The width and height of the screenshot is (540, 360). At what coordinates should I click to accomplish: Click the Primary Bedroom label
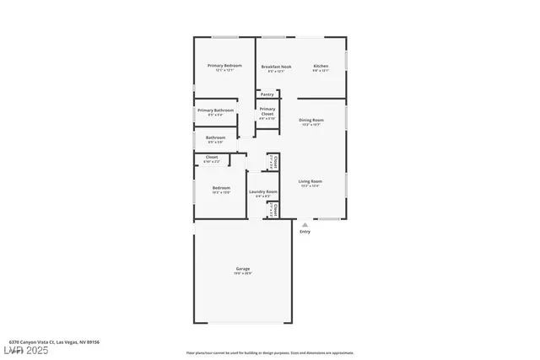(x=224, y=66)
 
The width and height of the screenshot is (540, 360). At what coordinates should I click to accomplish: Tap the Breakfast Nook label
(x=276, y=66)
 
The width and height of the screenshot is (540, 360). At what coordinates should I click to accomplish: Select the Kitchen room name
(x=321, y=66)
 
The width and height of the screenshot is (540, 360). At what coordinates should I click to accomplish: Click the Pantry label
(x=267, y=94)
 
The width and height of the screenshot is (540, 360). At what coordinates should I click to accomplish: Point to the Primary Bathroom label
(x=215, y=110)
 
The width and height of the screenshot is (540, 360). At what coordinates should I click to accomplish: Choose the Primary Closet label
(x=267, y=111)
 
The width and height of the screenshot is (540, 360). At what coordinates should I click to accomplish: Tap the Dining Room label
(x=311, y=120)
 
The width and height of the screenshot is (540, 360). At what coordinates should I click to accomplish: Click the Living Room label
(x=310, y=181)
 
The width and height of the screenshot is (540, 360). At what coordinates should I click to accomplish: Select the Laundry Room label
(x=262, y=191)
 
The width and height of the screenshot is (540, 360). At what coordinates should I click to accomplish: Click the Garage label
(x=242, y=269)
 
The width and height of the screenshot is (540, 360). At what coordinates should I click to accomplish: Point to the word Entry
(x=305, y=232)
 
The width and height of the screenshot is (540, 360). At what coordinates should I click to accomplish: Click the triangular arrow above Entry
(x=305, y=225)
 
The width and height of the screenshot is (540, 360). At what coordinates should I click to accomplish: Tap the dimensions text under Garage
(x=242, y=274)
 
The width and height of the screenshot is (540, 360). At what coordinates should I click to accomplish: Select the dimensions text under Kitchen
(x=321, y=71)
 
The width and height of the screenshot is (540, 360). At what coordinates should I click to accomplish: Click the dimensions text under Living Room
(x=310, y=186)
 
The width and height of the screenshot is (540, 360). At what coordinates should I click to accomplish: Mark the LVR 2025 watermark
(x=26, y=349)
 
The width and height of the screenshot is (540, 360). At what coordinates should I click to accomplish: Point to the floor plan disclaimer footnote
(x=270, y=352)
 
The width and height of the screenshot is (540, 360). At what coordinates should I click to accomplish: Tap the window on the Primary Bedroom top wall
(x=224, y=37)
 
